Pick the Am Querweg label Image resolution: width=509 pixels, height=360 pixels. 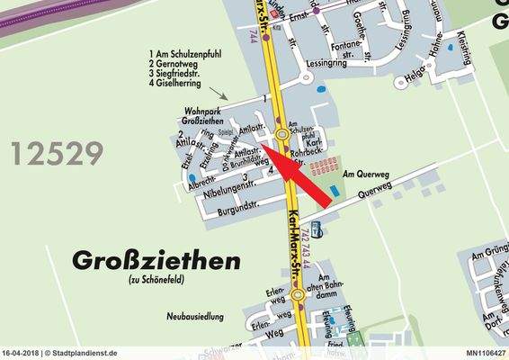click(x=364, y=170)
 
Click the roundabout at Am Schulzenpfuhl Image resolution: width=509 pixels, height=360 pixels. click(x=281, y=134)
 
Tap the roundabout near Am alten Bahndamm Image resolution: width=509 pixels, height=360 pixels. click(x=297, y=294)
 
